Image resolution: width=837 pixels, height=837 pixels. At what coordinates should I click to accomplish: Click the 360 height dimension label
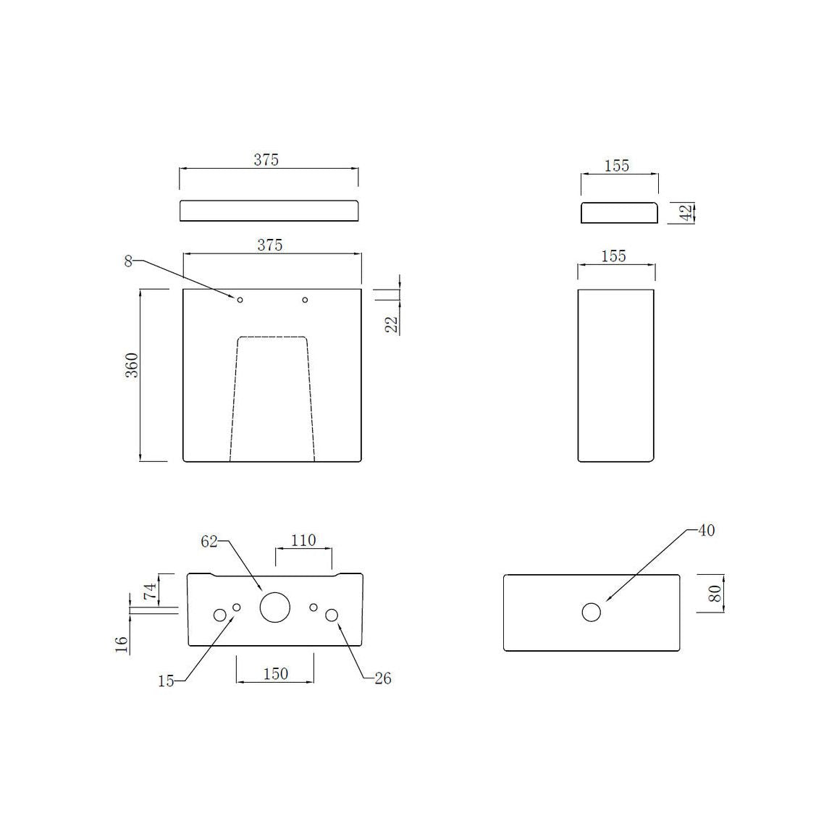click(x=131, y=365)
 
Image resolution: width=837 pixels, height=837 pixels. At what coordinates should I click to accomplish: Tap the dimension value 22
click(x=392, y=324)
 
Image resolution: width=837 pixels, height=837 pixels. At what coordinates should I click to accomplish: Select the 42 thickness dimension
click(x=687, y=211)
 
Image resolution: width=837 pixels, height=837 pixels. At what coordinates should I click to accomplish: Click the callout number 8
click(x=128, y=261)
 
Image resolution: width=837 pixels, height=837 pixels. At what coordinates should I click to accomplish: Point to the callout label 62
click(x=209, y=542)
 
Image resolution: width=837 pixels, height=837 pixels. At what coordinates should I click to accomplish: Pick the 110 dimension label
click(x=303, y=540)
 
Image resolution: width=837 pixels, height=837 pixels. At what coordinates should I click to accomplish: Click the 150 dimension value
click(x=275, y=673)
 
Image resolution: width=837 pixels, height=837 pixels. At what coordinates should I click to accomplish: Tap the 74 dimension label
click(x=150, y=590)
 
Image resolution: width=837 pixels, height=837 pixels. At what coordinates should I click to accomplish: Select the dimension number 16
click(x=122, y=644)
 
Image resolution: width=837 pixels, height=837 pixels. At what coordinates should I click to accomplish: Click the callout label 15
click(x=166, y=681)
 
